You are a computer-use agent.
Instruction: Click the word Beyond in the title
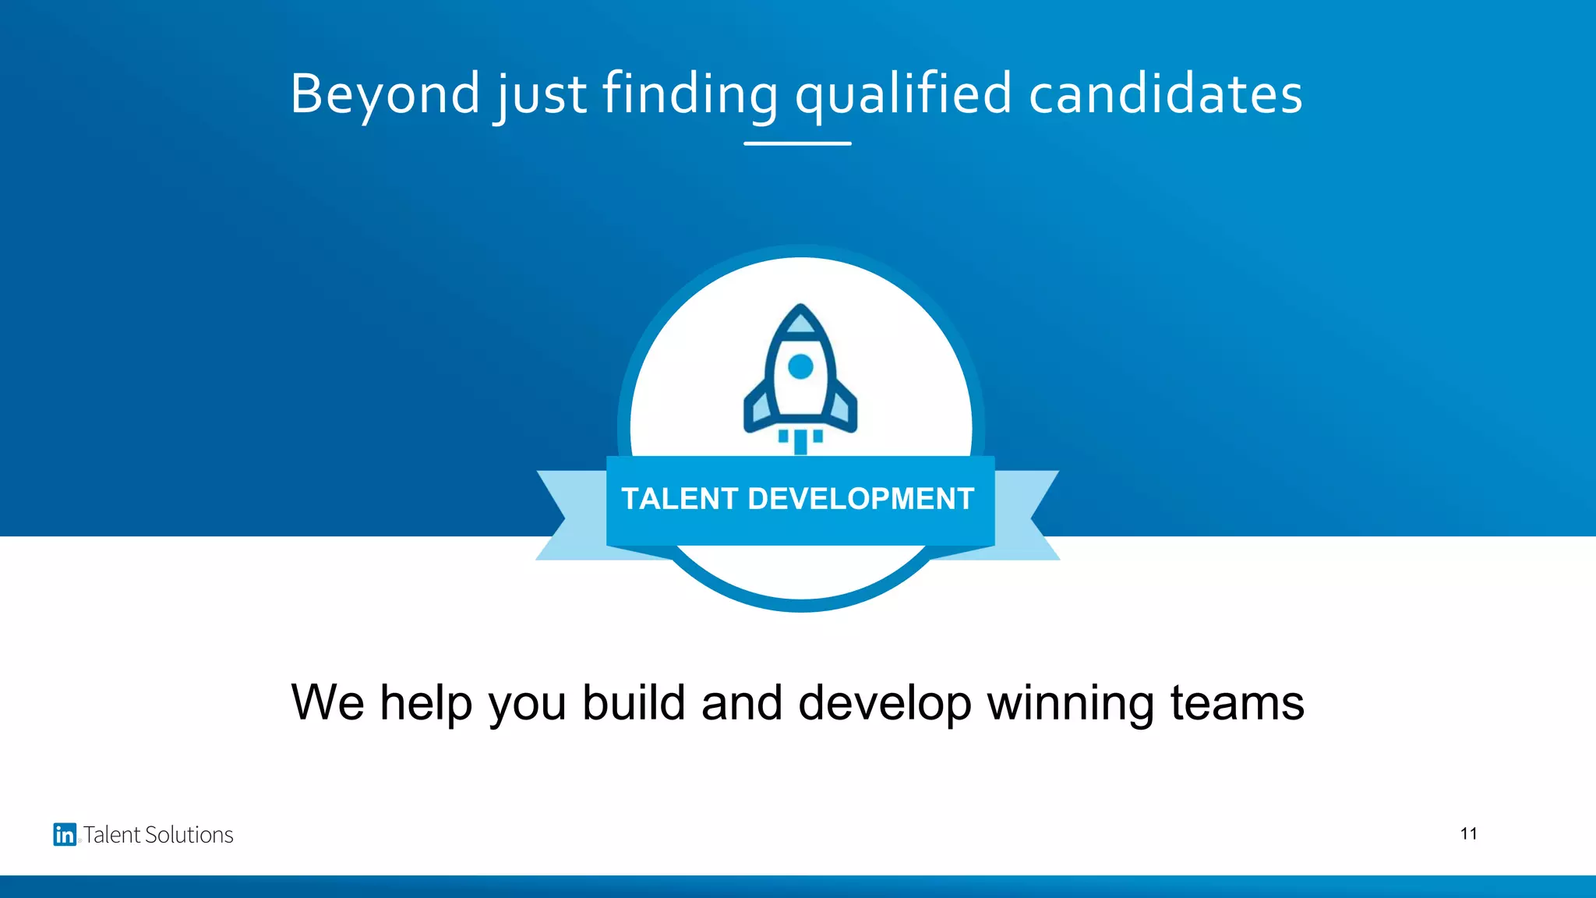[385, 95]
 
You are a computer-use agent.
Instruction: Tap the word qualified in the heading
[903, 95]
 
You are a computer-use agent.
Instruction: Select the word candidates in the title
[1166, 95]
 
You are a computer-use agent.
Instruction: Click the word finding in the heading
[690, 95]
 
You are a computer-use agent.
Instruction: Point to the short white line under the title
[797, 143]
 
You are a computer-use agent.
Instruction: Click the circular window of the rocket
[800, 366]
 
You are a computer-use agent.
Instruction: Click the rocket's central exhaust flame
[800, 441]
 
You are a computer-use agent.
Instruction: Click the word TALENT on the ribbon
[680, 499]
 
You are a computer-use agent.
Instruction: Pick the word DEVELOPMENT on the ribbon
[861, 499]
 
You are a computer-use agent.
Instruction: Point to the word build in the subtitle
[634, 702]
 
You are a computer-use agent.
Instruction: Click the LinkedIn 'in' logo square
[65, 834]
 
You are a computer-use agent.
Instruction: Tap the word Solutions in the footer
[190, 835]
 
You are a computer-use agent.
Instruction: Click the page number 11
[1468, 834]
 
